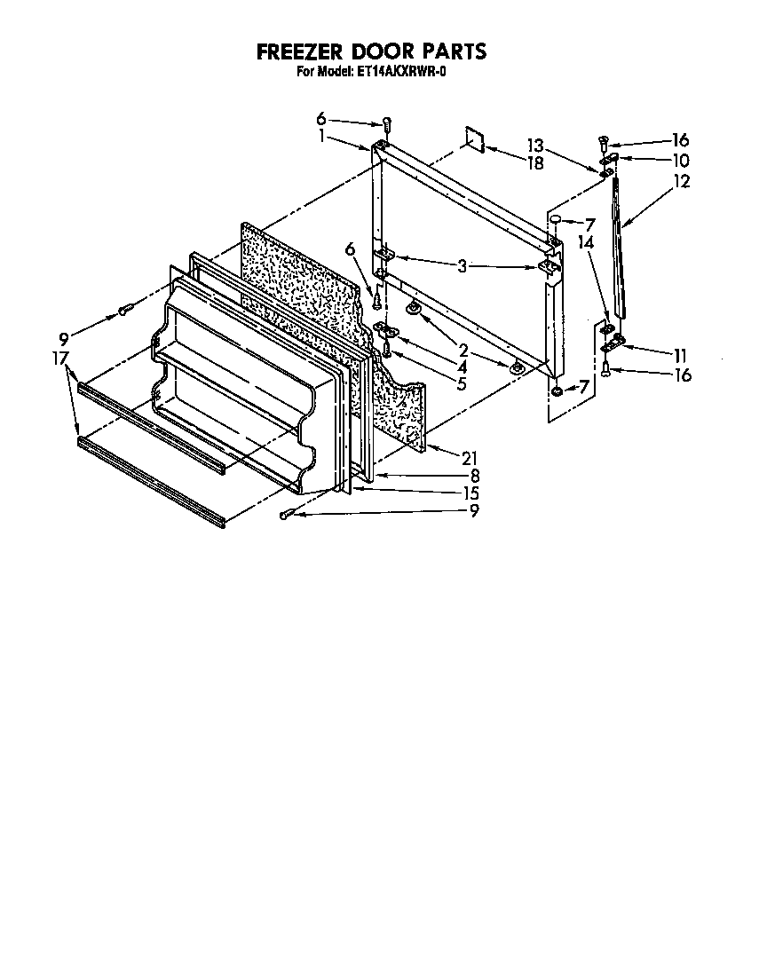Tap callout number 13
click(x=534, y=145)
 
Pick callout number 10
click(x=681, y=161)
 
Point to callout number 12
click(x=682, y=182)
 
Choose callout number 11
click(x=680, y=354)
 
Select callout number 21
click(x=470, y=457)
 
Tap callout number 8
click(x=475, y=476)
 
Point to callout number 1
click(x=321, y=138)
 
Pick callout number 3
click(x=462, y=264)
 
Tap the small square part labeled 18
click(x=475, y=138)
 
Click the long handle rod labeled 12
click(x=620, y=248)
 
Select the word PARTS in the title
click(x=449, y=52)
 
